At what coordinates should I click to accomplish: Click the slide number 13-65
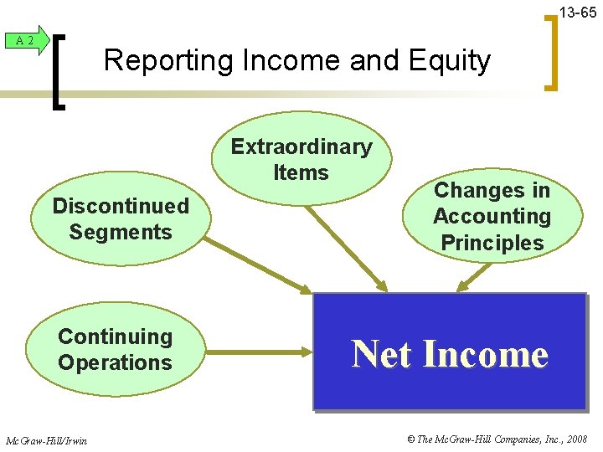(x=578, y=13)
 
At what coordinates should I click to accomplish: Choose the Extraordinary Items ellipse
(x=301, y=159)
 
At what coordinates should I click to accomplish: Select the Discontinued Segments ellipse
(x=121, y=218)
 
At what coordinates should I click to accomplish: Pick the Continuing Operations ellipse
(x=115, y=350)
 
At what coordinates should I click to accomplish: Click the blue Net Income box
(x=450, y=352)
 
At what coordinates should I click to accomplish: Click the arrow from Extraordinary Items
(x=348, y=248)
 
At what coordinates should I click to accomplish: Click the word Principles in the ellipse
(x=492, y=243)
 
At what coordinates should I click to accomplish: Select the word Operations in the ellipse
(x=115, y=363)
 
